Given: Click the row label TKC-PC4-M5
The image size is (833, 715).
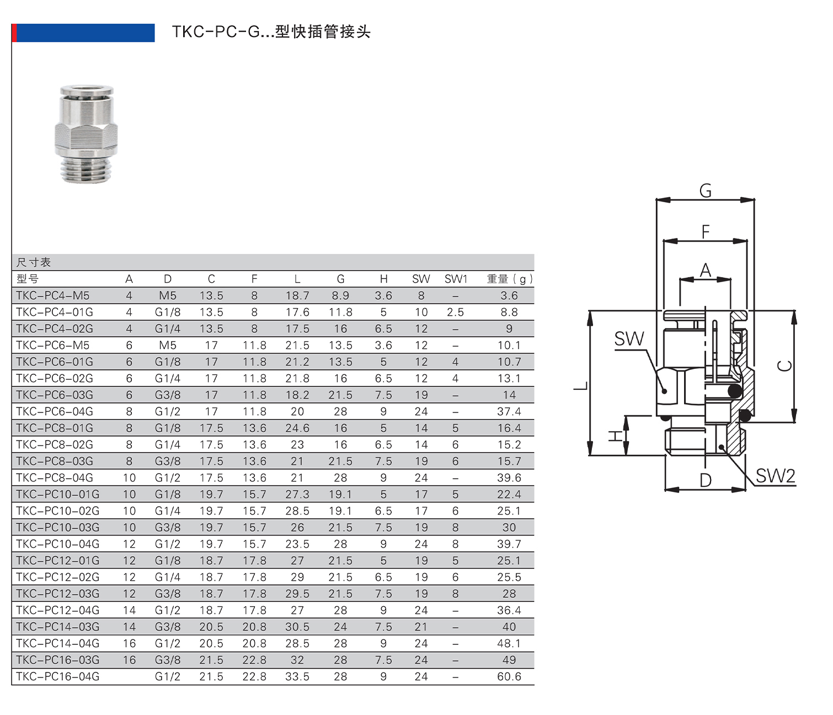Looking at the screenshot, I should pos(53,296).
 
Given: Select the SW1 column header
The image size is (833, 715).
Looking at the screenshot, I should pos(456,279).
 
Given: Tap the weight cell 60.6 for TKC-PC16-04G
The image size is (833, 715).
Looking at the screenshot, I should pos(509,677).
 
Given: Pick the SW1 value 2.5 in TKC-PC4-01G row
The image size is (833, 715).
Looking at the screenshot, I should pos(455,313).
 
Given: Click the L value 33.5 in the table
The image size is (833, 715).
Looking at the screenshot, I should pos(297,677).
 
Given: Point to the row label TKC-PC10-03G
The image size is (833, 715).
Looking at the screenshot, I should pos(58,528).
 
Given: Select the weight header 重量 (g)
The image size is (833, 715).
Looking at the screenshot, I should pos(509,279).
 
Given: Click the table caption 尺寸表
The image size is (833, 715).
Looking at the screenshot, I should pos(34,263).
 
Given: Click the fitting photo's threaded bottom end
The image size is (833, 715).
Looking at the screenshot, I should pos(86,168).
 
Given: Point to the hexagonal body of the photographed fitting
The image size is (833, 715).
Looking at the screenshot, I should pos(86,135).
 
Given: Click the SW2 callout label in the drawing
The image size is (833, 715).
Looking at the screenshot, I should pos(775,476).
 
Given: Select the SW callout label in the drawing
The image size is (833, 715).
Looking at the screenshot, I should pos(629,339).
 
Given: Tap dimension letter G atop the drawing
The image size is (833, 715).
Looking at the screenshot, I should pos(705,191).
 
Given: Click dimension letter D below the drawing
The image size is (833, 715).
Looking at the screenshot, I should pos(705,480).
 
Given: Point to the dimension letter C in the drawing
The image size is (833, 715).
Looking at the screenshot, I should pos(784,366).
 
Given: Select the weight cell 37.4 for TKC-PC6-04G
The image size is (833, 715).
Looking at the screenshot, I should pos(509,412).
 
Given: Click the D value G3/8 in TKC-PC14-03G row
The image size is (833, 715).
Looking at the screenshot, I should pos(168,627).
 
